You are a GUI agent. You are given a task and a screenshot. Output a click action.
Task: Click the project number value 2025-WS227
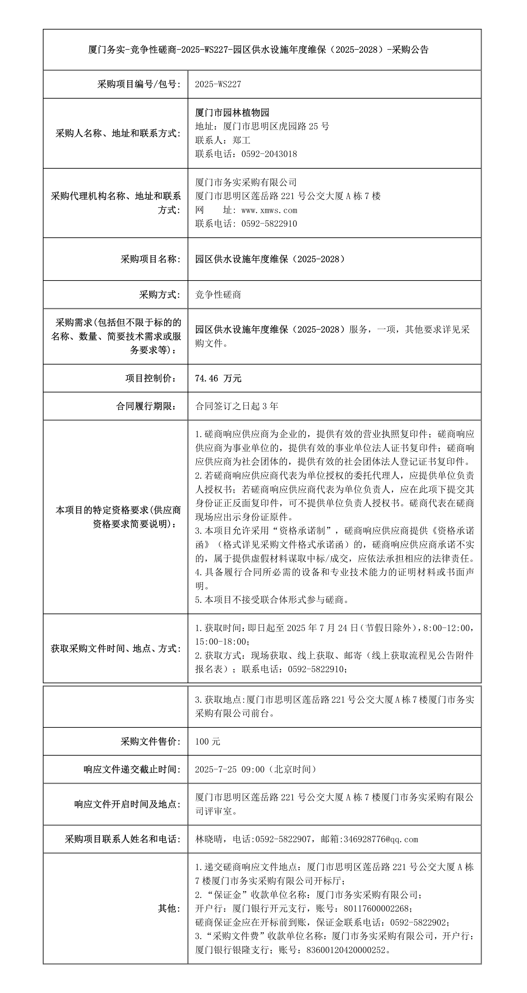pos(218,84)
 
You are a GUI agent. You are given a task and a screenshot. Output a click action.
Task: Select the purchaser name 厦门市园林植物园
pos(232,113)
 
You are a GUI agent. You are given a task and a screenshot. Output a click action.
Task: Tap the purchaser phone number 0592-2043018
pos(269,154)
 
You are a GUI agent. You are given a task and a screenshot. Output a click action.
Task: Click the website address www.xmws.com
pos(269,210)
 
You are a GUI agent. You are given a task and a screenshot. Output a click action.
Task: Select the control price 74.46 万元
pos(218,378)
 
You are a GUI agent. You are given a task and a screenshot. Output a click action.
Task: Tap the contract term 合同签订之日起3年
pos(237,406)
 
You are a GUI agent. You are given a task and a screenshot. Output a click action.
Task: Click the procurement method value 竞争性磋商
pos(218,295)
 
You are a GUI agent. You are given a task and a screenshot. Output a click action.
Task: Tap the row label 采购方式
pos(160,295)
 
